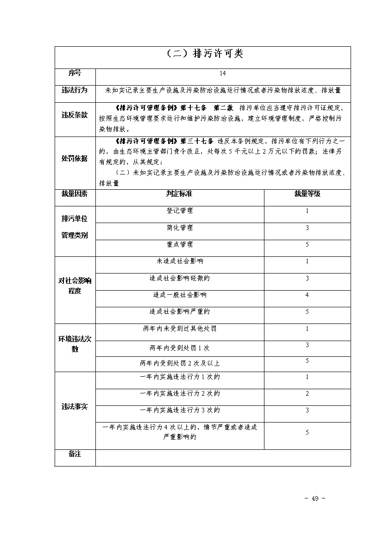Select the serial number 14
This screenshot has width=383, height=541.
pyautogui.click(x=223, y=73)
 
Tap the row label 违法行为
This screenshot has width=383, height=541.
pyautogui.click(x=75, y=90)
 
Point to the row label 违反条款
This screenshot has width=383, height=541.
pyautogui.click(x=75, y=115)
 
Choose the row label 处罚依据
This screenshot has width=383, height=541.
pyautogui.click(x=75, y=158)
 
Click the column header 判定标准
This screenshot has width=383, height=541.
pyautogui.click(x=179, y=194)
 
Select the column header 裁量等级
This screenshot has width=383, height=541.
pyautogui.click(x=307, y=194)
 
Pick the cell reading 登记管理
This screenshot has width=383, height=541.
pyautogui.click(x=180, y=211)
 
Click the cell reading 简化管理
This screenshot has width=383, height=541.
pyautogui.click(x=180, y=228)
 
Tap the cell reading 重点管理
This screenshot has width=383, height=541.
pyautogui.click(x=180, y=244)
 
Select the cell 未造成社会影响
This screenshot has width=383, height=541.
pyautogui.click(x=180, y=261)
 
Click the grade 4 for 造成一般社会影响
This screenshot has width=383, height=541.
pyautogui.click(x=307, y=295)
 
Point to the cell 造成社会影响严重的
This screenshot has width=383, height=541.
pyautogui.click(x=180, y=312)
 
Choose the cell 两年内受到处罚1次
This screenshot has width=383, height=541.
pyautogui.click(x=180, y=348)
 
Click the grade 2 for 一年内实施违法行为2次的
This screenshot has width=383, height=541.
pyautogui.click(x=307, y=394)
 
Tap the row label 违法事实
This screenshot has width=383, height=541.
pyautogui.click(x=75, y=407)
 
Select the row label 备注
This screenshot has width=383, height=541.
pyautogui.click(x=75, y=454)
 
